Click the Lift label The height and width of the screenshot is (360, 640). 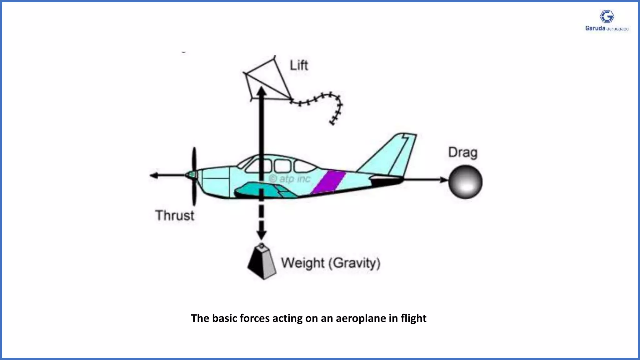[x=299, y=66]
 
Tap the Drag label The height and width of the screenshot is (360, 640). [x=463, y=153]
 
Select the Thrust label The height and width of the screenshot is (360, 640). [x=175, y=216]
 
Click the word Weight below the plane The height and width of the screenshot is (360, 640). [x=302, y=263]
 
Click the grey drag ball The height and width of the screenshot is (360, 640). [x=465, y=182]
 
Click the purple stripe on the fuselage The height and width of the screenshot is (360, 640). [x=329, y=182]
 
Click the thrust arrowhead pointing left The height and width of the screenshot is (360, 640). [x=154, y=175]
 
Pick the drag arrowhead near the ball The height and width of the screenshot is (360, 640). [x=444, y=180]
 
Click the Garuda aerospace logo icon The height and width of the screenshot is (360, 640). [x=607, y=17]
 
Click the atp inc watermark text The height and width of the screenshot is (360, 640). [x=290, y=179]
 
